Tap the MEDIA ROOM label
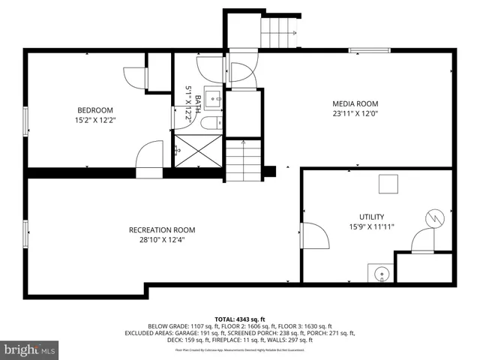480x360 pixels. tap(355, 104)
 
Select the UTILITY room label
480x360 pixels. tap(371, 216)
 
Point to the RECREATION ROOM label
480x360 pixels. tap(162, 230)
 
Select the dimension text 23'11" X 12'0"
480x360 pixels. tap(355, 114)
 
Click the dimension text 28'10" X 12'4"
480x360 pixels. tap(162, 240)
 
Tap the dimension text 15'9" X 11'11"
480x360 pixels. tap(371, 226)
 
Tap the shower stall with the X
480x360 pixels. tap(199, 151)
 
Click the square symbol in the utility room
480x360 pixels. tap(388, 184)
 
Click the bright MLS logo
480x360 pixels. tap(30, 350)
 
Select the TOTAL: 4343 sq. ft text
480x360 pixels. tap(240, 318)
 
